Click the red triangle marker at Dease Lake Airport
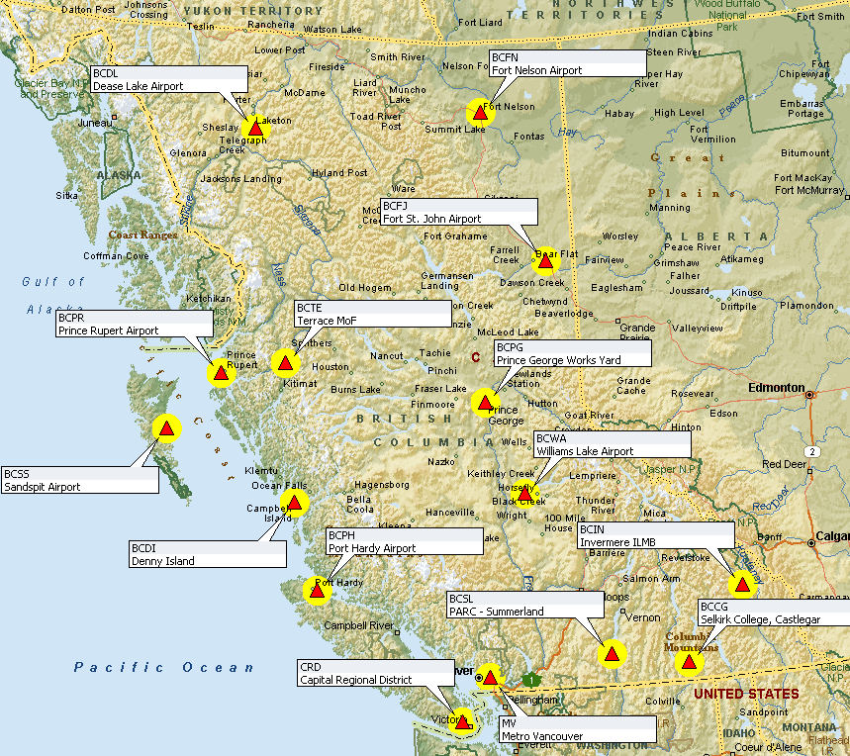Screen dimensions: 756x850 tap(256, 129)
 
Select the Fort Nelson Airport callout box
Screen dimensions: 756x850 tap(567, 64)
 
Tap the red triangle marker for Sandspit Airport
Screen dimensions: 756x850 tap(167, 428)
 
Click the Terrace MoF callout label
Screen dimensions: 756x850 tap(372, 315)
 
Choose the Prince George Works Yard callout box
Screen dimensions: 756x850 tap(572, 353)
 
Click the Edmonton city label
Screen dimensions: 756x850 tap(779, 387)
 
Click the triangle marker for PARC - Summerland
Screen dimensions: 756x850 tap(612, 654)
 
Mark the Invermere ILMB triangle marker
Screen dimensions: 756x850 tap(742, 585)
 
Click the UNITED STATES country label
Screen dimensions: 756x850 tap(746, 694)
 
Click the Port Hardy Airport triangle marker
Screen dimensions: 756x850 tap(318, 592)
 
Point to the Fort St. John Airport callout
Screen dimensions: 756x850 tap(458, 212)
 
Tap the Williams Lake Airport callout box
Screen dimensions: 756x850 tap(611, 444)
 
